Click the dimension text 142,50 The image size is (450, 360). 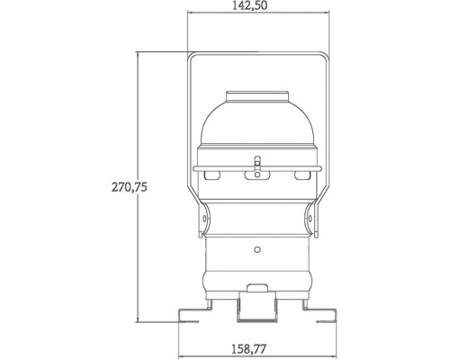pos(257,6)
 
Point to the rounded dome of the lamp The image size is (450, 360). pos(257,126)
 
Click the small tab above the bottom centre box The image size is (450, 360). pos(257,289)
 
